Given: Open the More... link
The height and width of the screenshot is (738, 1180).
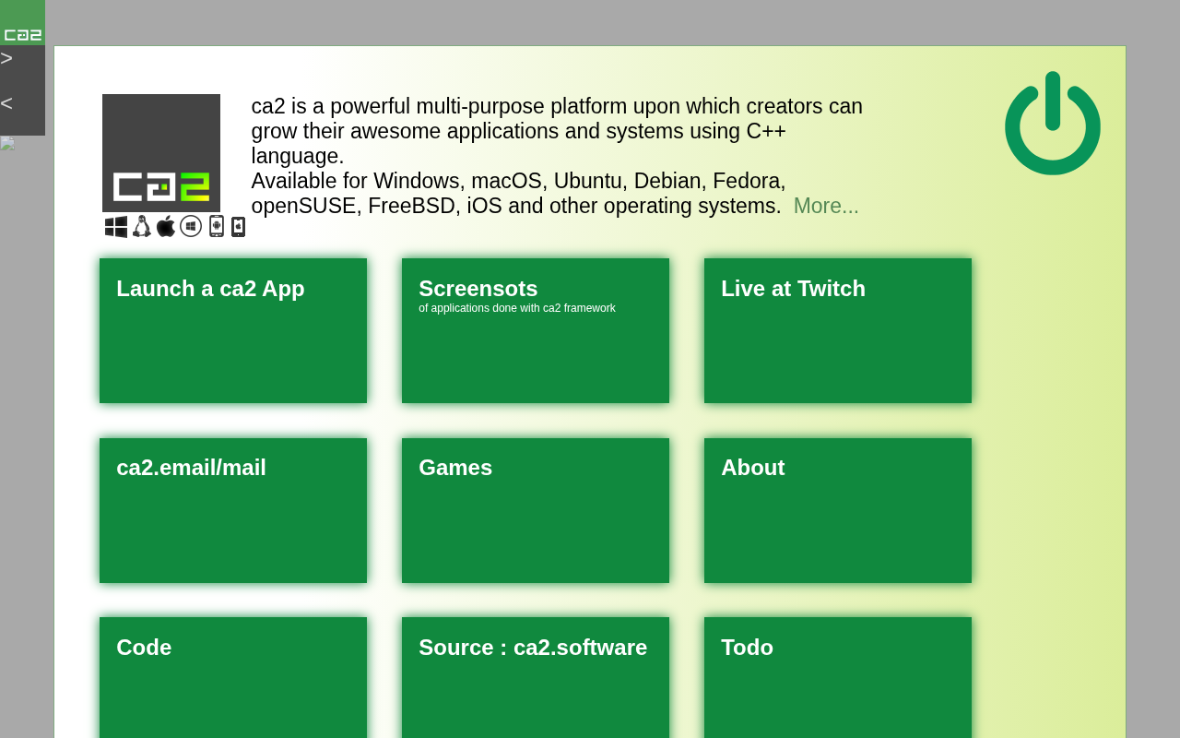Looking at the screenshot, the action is (825, 206).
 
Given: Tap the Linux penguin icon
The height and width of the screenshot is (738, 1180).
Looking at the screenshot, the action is (141, 227).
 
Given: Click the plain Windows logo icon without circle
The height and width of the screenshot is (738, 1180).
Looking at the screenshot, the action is (116, 227).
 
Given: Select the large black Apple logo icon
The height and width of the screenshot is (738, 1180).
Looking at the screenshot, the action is (166, 227).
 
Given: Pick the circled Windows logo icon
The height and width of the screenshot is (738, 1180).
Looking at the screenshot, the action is (191, 227).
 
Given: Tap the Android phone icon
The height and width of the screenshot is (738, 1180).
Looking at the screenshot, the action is (217, 227).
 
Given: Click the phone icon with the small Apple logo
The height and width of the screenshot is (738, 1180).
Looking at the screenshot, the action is (239, 227).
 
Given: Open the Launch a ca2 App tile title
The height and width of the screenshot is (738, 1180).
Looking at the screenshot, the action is (210, 289).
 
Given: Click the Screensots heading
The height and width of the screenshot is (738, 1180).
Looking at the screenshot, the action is (478, 289).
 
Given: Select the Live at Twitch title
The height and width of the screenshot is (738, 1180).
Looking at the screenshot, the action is (793, 289).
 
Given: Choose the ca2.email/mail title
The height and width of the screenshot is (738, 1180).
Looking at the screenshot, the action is (191, 468).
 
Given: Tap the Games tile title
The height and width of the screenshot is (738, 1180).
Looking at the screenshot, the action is (455, 468).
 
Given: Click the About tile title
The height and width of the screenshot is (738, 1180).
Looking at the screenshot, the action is (753, 468).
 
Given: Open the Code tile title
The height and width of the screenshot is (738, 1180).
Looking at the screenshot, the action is (144, 648).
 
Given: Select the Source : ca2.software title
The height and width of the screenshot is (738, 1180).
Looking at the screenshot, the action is (533, 648).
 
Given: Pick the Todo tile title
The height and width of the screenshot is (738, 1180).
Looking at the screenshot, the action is (747, 648).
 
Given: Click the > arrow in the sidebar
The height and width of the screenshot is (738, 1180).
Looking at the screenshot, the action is (6, 58).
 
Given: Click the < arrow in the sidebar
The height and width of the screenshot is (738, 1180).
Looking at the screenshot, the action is (6, 103).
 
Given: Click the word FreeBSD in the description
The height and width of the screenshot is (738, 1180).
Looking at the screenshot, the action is (411, 206).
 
